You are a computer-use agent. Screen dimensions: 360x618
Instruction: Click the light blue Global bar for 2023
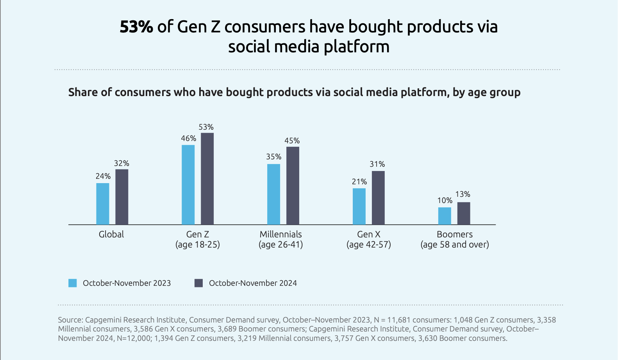pos(103,204)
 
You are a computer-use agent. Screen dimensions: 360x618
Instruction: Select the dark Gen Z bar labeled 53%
pos(207,179)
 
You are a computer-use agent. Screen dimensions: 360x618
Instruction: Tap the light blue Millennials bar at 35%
pos(273,194)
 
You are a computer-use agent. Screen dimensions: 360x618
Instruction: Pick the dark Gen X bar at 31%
pos(378,198)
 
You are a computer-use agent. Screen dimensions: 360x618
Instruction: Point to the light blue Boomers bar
pos(445,216)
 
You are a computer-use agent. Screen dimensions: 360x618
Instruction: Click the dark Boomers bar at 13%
pos(464,213)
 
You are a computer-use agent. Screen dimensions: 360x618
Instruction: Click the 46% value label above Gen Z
pos(188,139)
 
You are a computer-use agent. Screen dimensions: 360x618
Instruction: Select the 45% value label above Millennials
pos(292,141)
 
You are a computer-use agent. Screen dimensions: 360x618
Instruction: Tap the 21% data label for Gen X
pos(359,182)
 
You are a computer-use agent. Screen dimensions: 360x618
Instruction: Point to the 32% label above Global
pos(121,164)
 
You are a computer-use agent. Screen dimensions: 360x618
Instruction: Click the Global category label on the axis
pos(111,234)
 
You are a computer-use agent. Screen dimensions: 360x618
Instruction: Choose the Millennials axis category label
pos(281,234)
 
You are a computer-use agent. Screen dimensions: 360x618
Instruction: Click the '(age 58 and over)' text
pos(455,245)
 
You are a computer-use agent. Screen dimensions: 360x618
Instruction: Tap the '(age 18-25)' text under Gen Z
pos(198,245)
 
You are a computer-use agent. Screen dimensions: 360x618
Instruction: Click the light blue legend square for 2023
pos(73,283)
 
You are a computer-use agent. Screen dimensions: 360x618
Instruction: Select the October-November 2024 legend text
pos(253,283)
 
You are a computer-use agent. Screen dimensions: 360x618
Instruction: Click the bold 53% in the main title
pos(136,27)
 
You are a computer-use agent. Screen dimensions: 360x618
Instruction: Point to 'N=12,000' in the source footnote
pos(134,339)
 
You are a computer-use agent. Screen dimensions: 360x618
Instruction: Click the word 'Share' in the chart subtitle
pos(81,93)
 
